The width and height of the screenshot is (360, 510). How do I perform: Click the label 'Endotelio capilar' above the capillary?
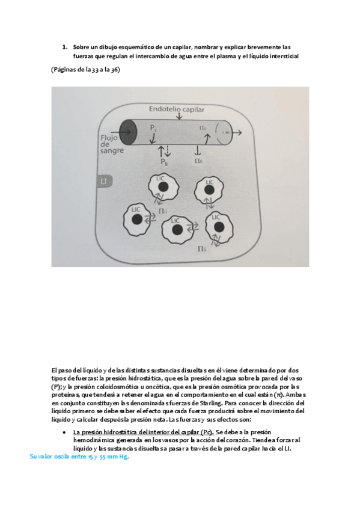(x=176, y=109)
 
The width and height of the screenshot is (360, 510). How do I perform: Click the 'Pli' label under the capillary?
(x=163, y=162)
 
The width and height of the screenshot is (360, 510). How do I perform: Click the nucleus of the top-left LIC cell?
(x=162, y=188)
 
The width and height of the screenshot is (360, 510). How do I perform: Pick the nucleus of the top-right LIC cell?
(x=209, y=191)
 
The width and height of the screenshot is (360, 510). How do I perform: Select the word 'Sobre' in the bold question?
(x=81, y=46)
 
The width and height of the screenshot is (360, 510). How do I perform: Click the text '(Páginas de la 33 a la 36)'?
(x=85, y=70)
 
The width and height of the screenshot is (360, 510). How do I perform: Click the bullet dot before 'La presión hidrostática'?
(x=64, y=432)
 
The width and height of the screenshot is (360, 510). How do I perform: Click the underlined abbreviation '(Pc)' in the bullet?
(x=206, y=432)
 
